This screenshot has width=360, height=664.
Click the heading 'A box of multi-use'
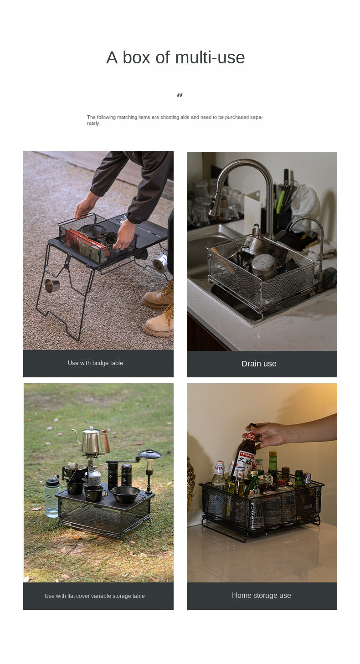[175, 57]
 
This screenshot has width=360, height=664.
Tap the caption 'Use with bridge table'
[95, 363]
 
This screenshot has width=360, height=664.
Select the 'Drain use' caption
[259, 364]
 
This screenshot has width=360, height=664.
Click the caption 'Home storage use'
[261, 595]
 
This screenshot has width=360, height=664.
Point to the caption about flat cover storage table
[94, 596]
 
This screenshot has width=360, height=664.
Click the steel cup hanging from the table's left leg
[52, 285]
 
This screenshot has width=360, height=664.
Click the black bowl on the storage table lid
[125, 494]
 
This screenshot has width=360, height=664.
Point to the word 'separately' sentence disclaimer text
[175, 120]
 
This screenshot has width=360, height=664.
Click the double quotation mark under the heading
[180, 95]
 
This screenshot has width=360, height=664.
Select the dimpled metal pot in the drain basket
[264, 266]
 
